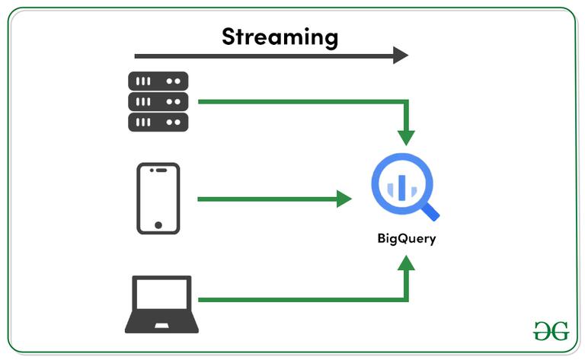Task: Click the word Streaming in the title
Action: tap(280, 36)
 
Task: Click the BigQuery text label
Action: tap(406, 238)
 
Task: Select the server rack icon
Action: tap(158, 101)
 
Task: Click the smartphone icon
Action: tap(158, 198)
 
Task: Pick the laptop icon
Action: tap(161, 304)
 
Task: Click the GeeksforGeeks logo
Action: tap(551, 330)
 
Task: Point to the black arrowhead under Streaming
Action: tap(401, 55)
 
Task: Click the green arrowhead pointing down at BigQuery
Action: tap(406, 137)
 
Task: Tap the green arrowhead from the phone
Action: tap(344, 199)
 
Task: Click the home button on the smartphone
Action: tap(158, 225)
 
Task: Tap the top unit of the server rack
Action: tap(158, 81)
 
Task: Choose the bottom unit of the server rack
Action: tap(158, 122)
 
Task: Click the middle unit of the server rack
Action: tap(158, 101)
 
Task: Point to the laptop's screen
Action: tap(161, 295)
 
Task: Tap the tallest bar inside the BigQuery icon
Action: tap(401, 185)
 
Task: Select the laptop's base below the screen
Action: tap(161, 326)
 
